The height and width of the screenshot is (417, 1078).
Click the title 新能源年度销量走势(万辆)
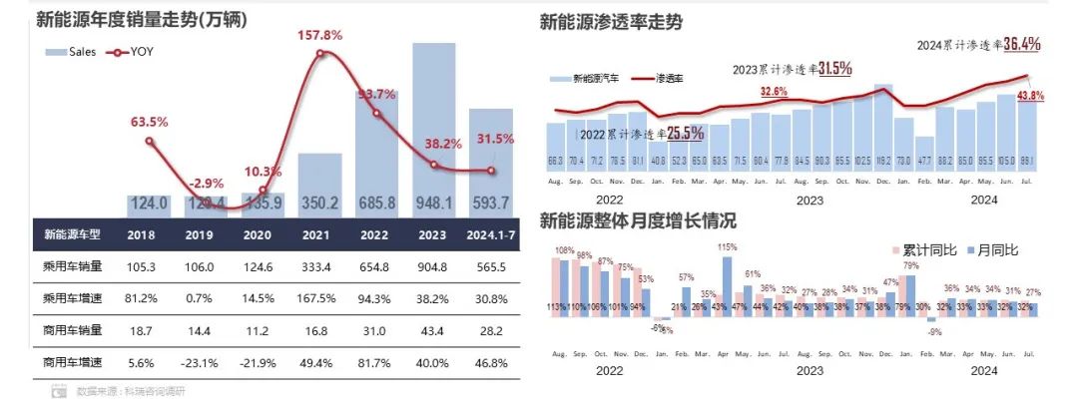[141, 20]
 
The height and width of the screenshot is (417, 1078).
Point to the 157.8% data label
[320, 35]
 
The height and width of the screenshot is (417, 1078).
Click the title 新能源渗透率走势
[611, 22]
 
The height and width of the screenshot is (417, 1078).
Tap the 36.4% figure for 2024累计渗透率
[1022, 44]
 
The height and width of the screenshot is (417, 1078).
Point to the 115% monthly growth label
[727, 247]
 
